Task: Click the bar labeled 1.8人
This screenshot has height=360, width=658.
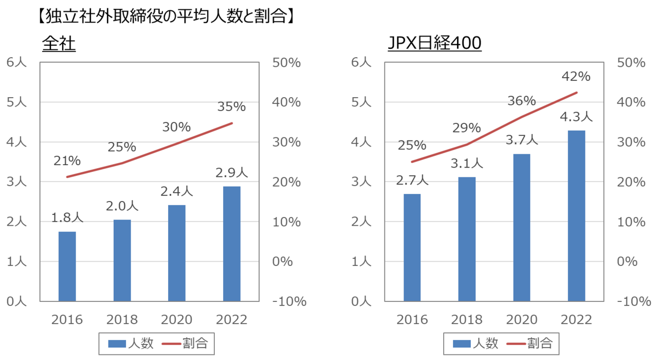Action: pyautogui.click(x=67, y=266)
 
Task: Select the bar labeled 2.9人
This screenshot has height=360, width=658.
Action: pyautogui.click(x=232, y=244)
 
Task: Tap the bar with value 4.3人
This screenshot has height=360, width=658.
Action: pyautogui.click(x=576, y=216)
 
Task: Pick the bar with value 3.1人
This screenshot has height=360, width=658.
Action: pyautogui.click(x=467, y=239)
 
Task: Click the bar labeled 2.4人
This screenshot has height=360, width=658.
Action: pyautogui.click(x=177, y=253)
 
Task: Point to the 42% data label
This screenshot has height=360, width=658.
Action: pyautogui.click(x=576, y=77)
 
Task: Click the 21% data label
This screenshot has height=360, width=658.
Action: pyautogui.click(x=67, y=161)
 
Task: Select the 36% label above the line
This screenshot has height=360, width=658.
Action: pyautogui.click(x=522, y=101)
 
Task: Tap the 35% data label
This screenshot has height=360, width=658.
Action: pyautogui.click(x=232, y=106)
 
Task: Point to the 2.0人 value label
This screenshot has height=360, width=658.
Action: pyautogui.click(x=122, y=206)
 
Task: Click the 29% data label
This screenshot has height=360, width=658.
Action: pyautogui.click(x=467, y=128)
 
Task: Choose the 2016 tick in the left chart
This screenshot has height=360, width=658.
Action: pyautogui.click(x=67, y=320)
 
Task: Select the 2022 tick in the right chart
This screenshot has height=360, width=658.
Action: pyautogui.click(x=576, y=320)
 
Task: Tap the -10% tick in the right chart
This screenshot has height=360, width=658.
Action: pyautogui.click(x=636, y=301)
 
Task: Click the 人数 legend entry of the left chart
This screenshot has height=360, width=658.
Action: pyautogui.click(x=131, y=343)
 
